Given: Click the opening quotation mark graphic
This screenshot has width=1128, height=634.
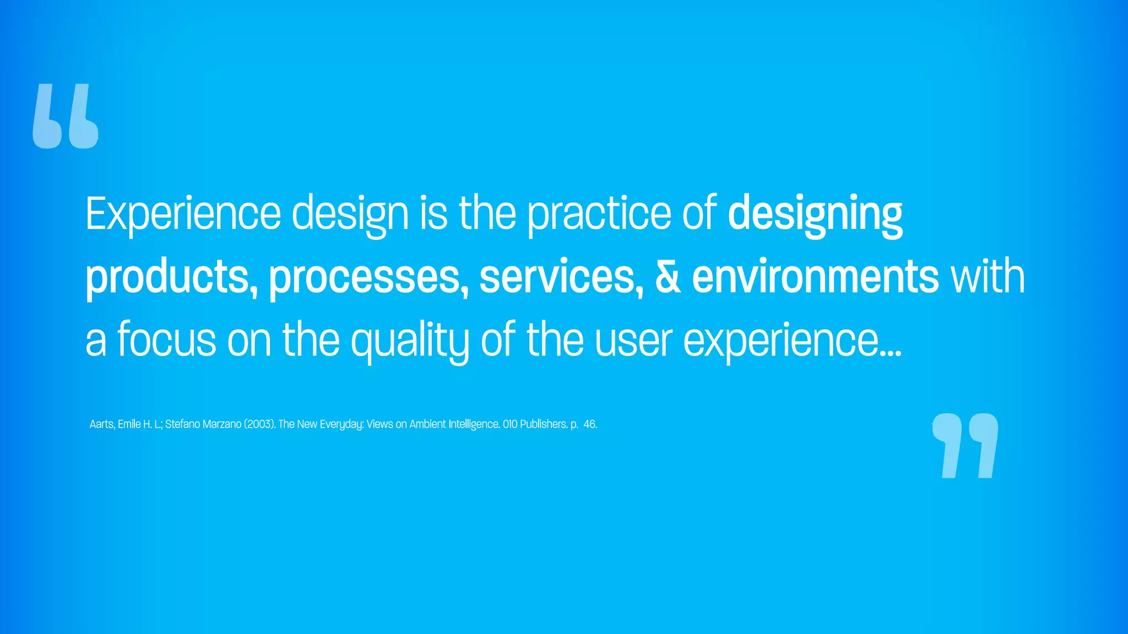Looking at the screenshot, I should point(66,116).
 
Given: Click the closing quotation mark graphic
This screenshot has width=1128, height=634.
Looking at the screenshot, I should point(965,445).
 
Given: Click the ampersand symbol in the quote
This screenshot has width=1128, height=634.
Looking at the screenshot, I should point(668,277).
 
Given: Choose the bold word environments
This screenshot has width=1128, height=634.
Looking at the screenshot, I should point(815,277).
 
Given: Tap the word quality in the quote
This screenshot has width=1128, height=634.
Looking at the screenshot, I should point(410,340).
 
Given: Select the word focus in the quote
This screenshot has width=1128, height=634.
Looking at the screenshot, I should point(167,340).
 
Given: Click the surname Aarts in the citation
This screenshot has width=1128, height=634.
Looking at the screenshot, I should point(102,424).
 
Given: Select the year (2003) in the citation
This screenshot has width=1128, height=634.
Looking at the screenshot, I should point(259,424).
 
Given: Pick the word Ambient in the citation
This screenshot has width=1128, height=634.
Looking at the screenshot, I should point(427,424).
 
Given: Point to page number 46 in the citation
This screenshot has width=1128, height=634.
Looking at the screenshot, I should point(590,424).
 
